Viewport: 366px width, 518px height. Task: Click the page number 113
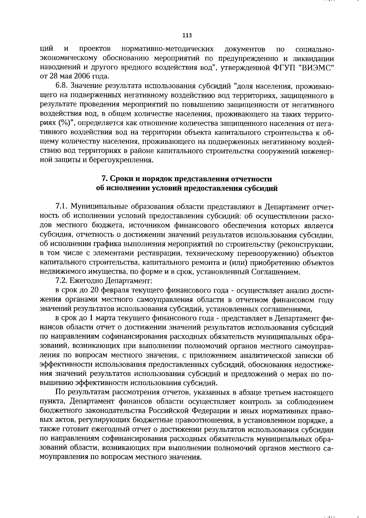click(x=187, y=35)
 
